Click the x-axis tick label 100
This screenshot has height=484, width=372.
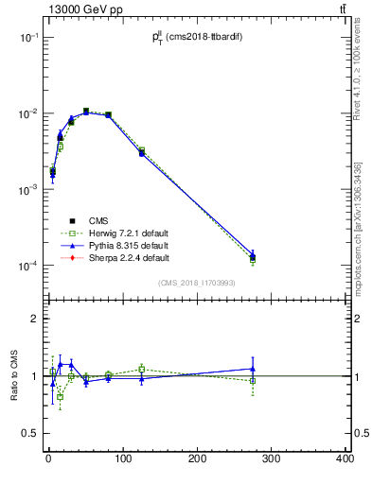pyautogui.click(x=122, y=459)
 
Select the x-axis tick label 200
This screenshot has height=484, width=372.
pyautogui.click(x=197, y=459)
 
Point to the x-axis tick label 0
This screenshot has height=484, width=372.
pyautogui.click(x=48, y=459)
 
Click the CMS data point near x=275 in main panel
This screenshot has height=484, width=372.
pyautogui.click(x=253, y=256)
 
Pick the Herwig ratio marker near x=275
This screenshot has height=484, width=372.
pyautogui.click(x=253, y=381)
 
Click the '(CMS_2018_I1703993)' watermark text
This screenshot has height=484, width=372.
pyautogui.click(x=197, y=283)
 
